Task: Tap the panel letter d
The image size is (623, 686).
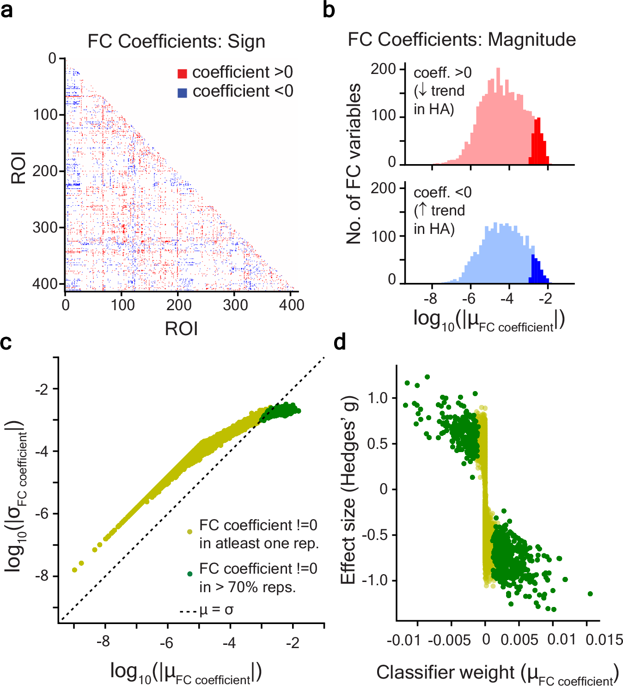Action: pos(340,342)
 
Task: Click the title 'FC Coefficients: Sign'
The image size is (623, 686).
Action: pos(176,41)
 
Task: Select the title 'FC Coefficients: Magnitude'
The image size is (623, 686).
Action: pos(461,40)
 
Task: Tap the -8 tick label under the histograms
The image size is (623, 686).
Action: pos(431,299)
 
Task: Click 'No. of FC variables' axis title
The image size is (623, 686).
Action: pos(354,164)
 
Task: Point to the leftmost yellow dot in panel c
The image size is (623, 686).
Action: pos(74,570)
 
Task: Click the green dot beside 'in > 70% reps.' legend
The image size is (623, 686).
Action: pos(189,574)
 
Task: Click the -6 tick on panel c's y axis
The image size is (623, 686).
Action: pos(42,514)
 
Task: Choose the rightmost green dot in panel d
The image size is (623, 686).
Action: pos(590,594)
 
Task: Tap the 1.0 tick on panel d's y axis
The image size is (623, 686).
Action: pos(378,398)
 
